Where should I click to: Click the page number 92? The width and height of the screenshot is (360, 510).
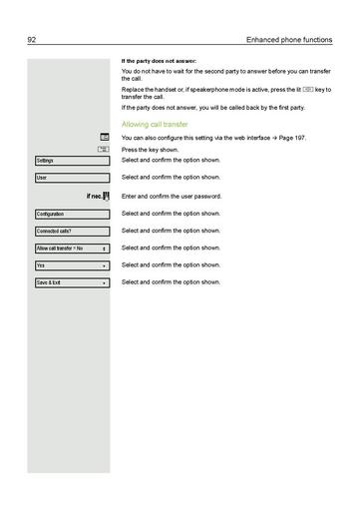pyautogui.click(x=32, y=40)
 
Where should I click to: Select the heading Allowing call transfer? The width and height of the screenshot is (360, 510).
pyautogui.click(x=155, y=125)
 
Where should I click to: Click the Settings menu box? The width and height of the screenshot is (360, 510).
pyautogui.click(x=71, y=161)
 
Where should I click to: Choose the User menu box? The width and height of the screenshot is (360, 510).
pyautogui.click(x=71, y=179)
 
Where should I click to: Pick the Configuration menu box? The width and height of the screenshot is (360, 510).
pyautogui.click(x=71, y=215)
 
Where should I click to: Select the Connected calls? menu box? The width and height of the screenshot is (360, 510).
pyautogui.click(x=71, y=232)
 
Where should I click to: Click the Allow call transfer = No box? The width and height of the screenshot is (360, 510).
pyautogui.click(x=71, y=249)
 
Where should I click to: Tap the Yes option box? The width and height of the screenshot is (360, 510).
pyautogui.click(x=71, y=266)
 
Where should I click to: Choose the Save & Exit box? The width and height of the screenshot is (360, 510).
pyautogui.click(x=71, y=283)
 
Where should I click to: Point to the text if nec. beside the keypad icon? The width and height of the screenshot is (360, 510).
pyautogui.click(x=94, y=197)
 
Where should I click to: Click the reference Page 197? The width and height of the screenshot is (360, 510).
pyautogui.click(x=304, y=137)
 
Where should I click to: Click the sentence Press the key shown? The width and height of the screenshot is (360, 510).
pyautogui.click(x=151, y=148)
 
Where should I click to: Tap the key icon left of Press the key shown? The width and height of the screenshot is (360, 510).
pyautogui.click(x=104, y=149)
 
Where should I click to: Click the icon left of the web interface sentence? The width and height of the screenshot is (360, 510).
pyautogui.click(x=104, y=136)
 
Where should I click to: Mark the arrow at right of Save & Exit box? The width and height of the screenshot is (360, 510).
pyautogui.click(x=104, y=283)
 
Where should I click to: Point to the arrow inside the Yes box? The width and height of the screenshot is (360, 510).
pyautogui.click(x=104, y=266)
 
